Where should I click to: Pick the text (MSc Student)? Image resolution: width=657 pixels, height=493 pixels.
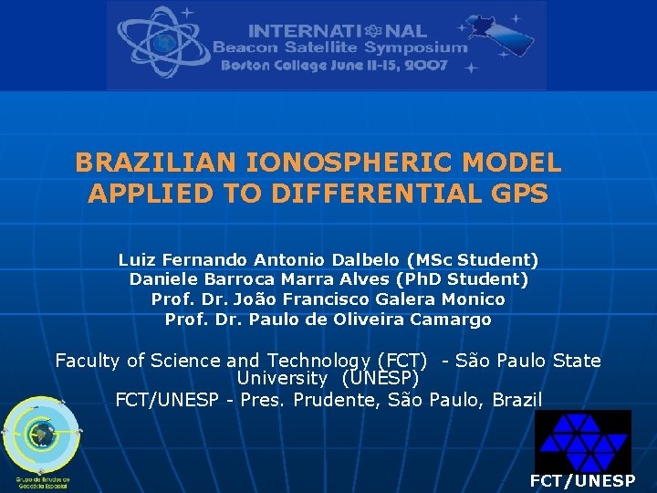474,260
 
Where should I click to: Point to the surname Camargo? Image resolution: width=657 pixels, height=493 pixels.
451,320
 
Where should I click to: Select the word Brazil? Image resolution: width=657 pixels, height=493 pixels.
517,400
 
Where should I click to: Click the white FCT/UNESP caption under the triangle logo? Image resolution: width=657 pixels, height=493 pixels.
583,480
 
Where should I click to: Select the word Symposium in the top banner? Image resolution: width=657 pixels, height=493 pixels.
415,47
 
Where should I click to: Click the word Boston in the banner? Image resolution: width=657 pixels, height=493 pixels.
246,66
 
